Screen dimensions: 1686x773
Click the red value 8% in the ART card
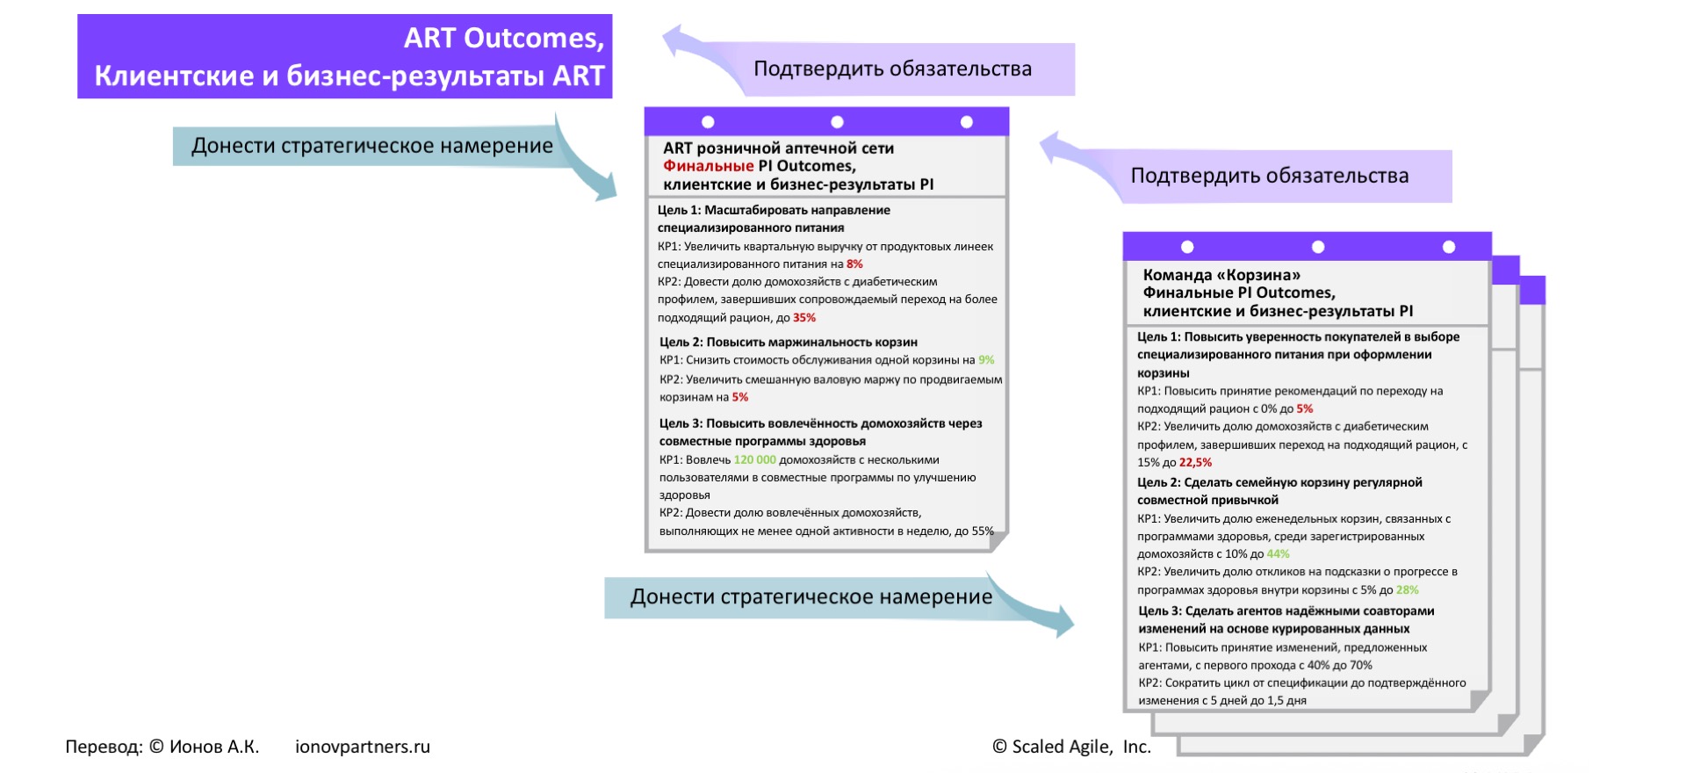point(854,264)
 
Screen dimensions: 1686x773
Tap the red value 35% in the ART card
point(804,318)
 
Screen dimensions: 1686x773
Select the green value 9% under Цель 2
point(986,360)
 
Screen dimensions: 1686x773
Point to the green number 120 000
point(754,459)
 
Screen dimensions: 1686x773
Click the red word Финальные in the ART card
point(708,166)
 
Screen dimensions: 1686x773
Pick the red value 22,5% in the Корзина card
point(1195,462)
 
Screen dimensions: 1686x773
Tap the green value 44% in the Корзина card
point(1278,554)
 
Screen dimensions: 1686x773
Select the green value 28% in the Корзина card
point(1407,590)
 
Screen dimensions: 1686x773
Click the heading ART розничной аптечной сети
point(778,148)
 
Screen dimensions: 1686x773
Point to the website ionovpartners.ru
point(363,747)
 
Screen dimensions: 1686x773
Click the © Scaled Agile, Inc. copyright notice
point(1071,747)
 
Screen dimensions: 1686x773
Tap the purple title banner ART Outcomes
point(344,56)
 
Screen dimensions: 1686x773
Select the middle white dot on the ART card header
point(837,122)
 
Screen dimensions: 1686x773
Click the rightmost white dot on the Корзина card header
point(1449,247)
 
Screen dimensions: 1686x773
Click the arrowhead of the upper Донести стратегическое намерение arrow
point(605,186)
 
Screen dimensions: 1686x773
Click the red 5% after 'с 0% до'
point(1305,408)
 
